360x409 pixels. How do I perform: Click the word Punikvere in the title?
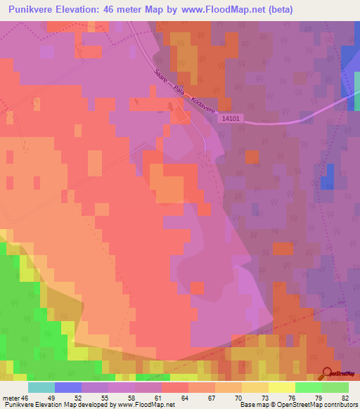coord(34,9)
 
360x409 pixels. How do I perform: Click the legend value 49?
coord(48,398)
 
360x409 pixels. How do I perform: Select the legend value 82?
coord(345,398)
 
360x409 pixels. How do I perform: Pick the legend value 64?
coord(184,398)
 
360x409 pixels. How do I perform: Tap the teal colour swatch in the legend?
coord(41,387)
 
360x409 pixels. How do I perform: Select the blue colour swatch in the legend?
coord(68,387)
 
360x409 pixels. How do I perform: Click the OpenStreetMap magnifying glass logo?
coord(328,374)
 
